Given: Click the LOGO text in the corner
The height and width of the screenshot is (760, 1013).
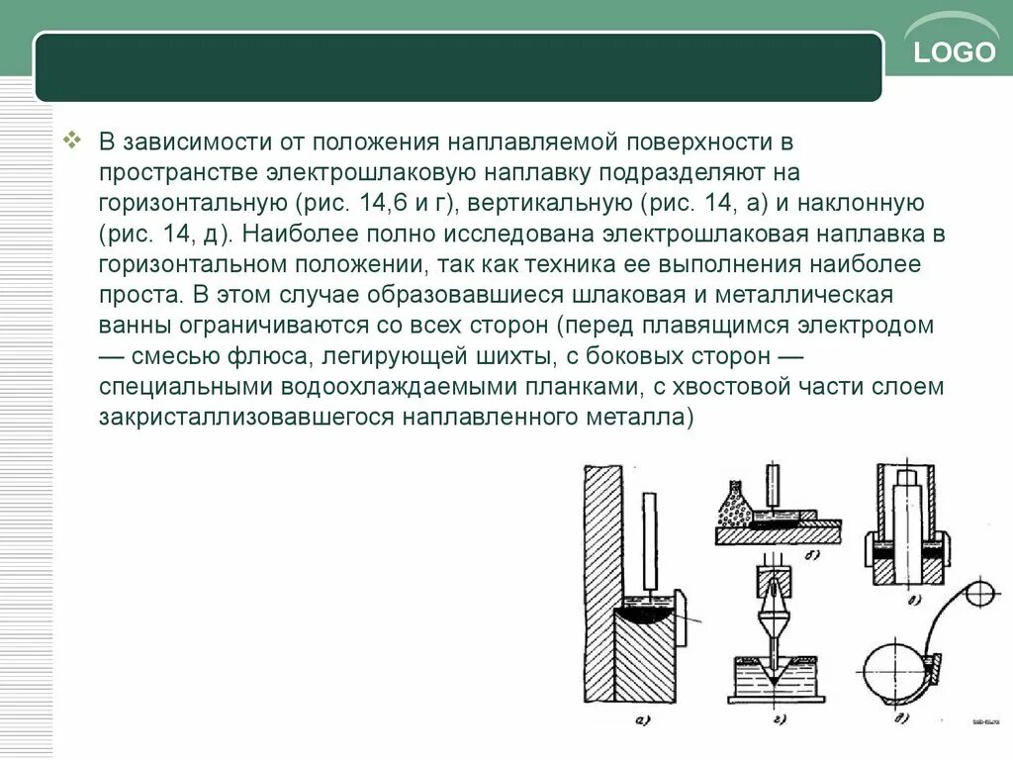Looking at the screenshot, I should click(955, 52).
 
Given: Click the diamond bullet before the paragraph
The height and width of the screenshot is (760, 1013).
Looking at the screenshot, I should click(71, 141).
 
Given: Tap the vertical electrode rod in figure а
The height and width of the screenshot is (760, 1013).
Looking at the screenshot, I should click(650, 539).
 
